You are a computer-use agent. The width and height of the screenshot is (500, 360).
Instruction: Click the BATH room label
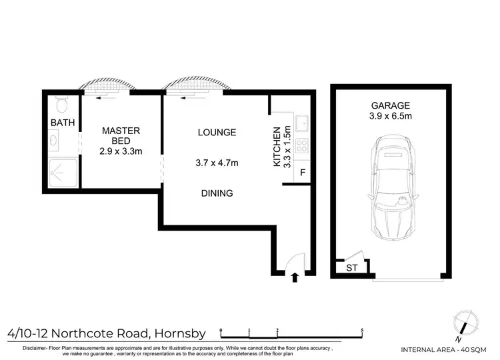click(x=63, y=123)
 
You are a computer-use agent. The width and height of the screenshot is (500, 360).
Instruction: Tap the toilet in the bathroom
click(x=61, y=105)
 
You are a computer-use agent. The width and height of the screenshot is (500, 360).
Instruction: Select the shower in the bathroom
click(x=61, y=171)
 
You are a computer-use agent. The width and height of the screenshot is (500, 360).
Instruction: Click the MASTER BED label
click(x=121, y=136)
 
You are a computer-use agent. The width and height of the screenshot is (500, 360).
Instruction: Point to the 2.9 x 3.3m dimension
click(x=121, y=152)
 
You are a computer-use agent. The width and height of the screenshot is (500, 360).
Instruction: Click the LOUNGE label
click(x=217, y=132)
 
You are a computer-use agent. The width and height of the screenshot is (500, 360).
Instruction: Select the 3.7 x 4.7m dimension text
click(x=217, y=163)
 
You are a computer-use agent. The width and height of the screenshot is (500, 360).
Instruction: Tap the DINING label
click(x=217, y=194)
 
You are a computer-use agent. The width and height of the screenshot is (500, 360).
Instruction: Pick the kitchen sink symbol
click(x=302, y=123)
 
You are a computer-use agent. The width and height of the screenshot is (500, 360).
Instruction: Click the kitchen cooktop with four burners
click(x=302, y=147)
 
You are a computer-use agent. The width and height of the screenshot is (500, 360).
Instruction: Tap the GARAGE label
click(x=391, y=105)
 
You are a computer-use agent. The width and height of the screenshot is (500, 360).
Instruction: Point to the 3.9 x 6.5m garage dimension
click(x=391, y=117)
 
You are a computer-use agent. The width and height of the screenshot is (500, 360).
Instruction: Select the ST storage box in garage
click(x=351, y=268)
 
